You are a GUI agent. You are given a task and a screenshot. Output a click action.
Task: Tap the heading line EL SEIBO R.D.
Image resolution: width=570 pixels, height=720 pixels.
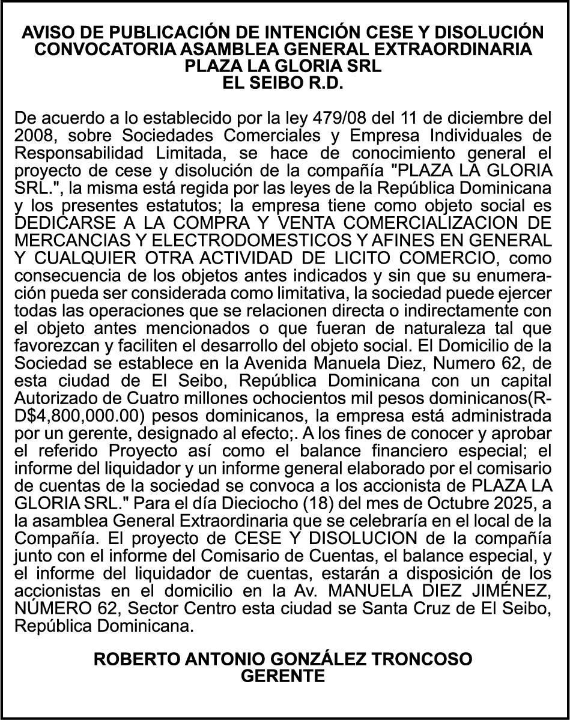coord(283,82)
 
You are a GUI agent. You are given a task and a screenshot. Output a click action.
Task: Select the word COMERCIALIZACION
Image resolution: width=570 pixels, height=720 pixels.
coord(426,223)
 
